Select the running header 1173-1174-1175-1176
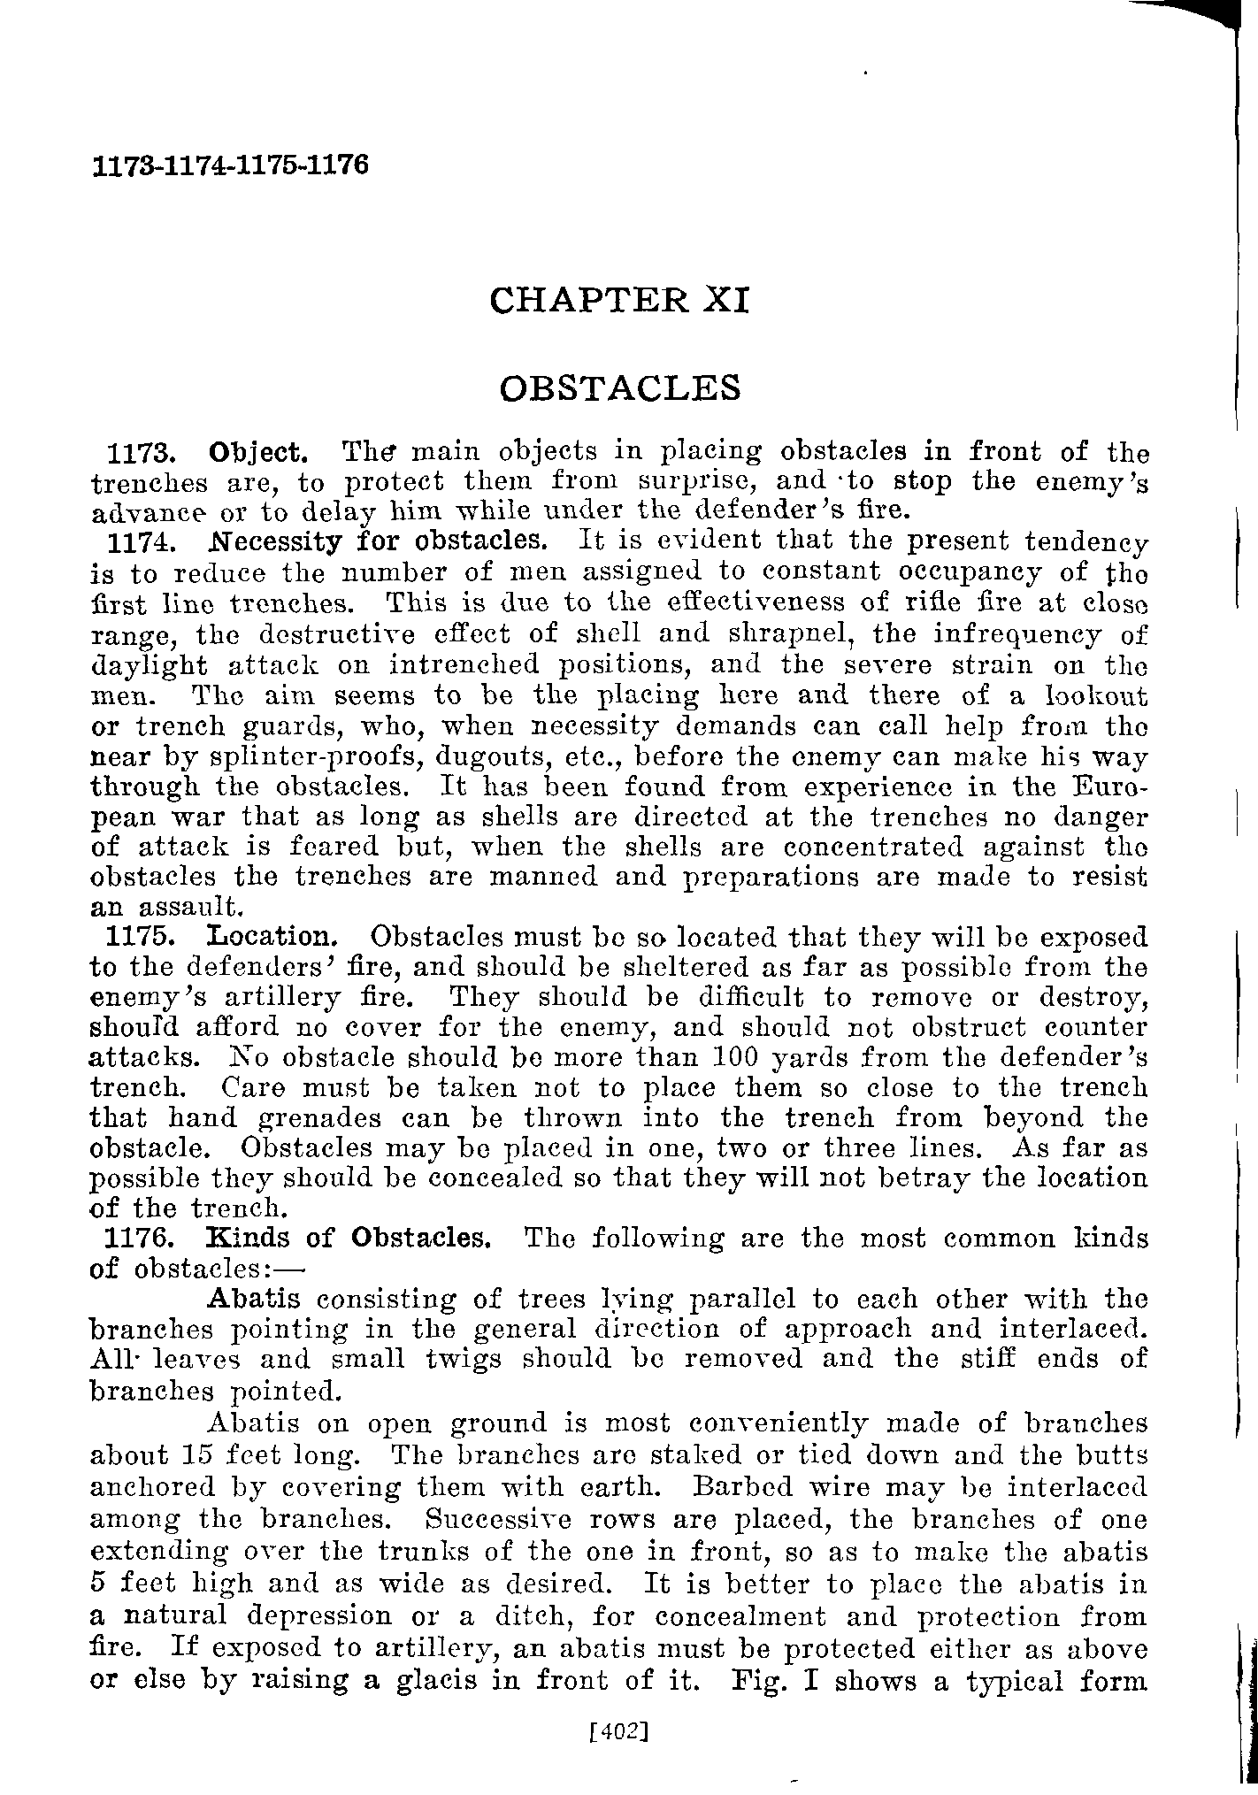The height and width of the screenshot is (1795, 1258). (x=229, y=165)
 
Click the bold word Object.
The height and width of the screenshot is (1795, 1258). (x=258, y=453)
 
